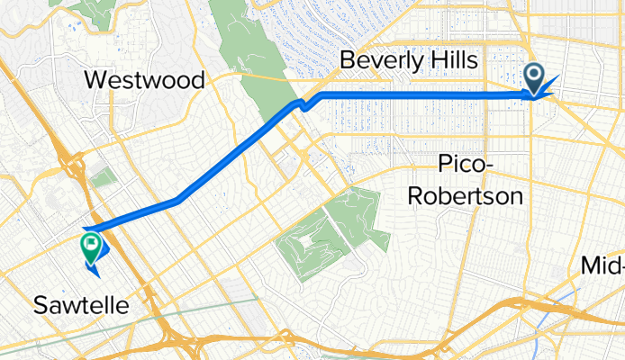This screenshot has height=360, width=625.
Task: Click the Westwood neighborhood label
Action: pyautogui.click(x=145, y=79)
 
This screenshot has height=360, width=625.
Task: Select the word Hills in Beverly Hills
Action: pyautogui.click(x=455, y=60)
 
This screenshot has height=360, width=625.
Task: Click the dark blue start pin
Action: pyautogui.click(x=534, y=79)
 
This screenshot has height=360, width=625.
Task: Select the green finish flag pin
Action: pyautogui.click(x=91, y=246)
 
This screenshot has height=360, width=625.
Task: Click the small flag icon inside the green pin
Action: pyautogui.click(x=91, y=242)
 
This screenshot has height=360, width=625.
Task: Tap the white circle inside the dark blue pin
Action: pyautogui.click(x=534, y=76)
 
